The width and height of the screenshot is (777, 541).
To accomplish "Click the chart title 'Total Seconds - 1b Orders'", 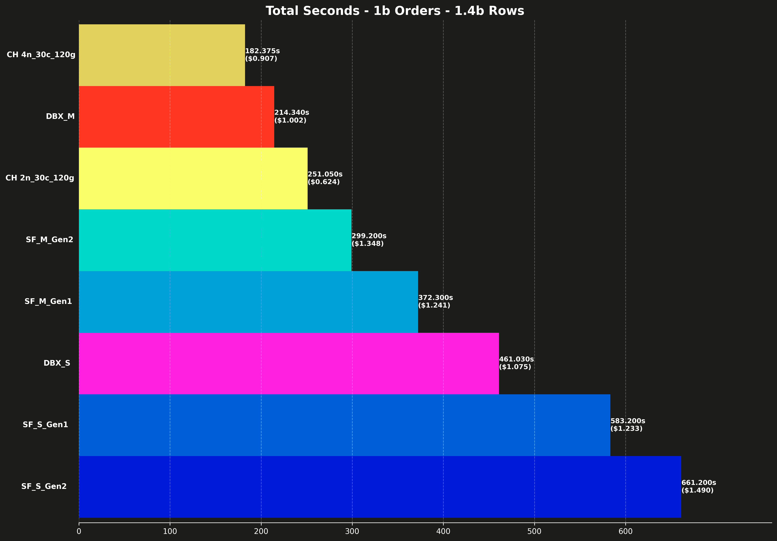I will tap(395, 11).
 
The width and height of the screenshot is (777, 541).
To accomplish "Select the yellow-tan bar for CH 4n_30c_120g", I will tap(162, 55).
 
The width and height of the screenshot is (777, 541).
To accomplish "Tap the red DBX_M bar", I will tap(176, 117).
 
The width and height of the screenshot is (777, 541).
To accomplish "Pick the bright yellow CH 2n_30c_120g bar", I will tap(193, 178).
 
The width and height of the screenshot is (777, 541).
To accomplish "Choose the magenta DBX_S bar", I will tap(289, 363).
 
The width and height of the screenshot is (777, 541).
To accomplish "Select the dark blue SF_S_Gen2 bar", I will tap(380, 487).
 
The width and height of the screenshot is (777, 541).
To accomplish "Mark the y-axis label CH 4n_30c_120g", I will tap(41, 55).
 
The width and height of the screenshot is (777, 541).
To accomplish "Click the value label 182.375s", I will tap(262, 51).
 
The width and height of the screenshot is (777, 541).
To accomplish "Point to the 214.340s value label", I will tap(291, 113).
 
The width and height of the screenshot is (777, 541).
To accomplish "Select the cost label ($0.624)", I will tap(324, 182).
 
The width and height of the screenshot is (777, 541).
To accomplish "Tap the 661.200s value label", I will tap(698, 482).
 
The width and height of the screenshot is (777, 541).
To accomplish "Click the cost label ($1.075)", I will tap(515, 367).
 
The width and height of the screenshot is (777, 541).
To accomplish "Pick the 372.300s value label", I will tap(435, 297).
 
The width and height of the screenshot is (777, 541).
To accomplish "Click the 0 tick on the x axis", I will tap(79, 531).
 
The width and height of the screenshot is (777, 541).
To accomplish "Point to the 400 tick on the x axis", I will tap(443, 531).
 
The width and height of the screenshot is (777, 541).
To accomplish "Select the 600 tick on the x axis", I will tap(625, 531).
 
